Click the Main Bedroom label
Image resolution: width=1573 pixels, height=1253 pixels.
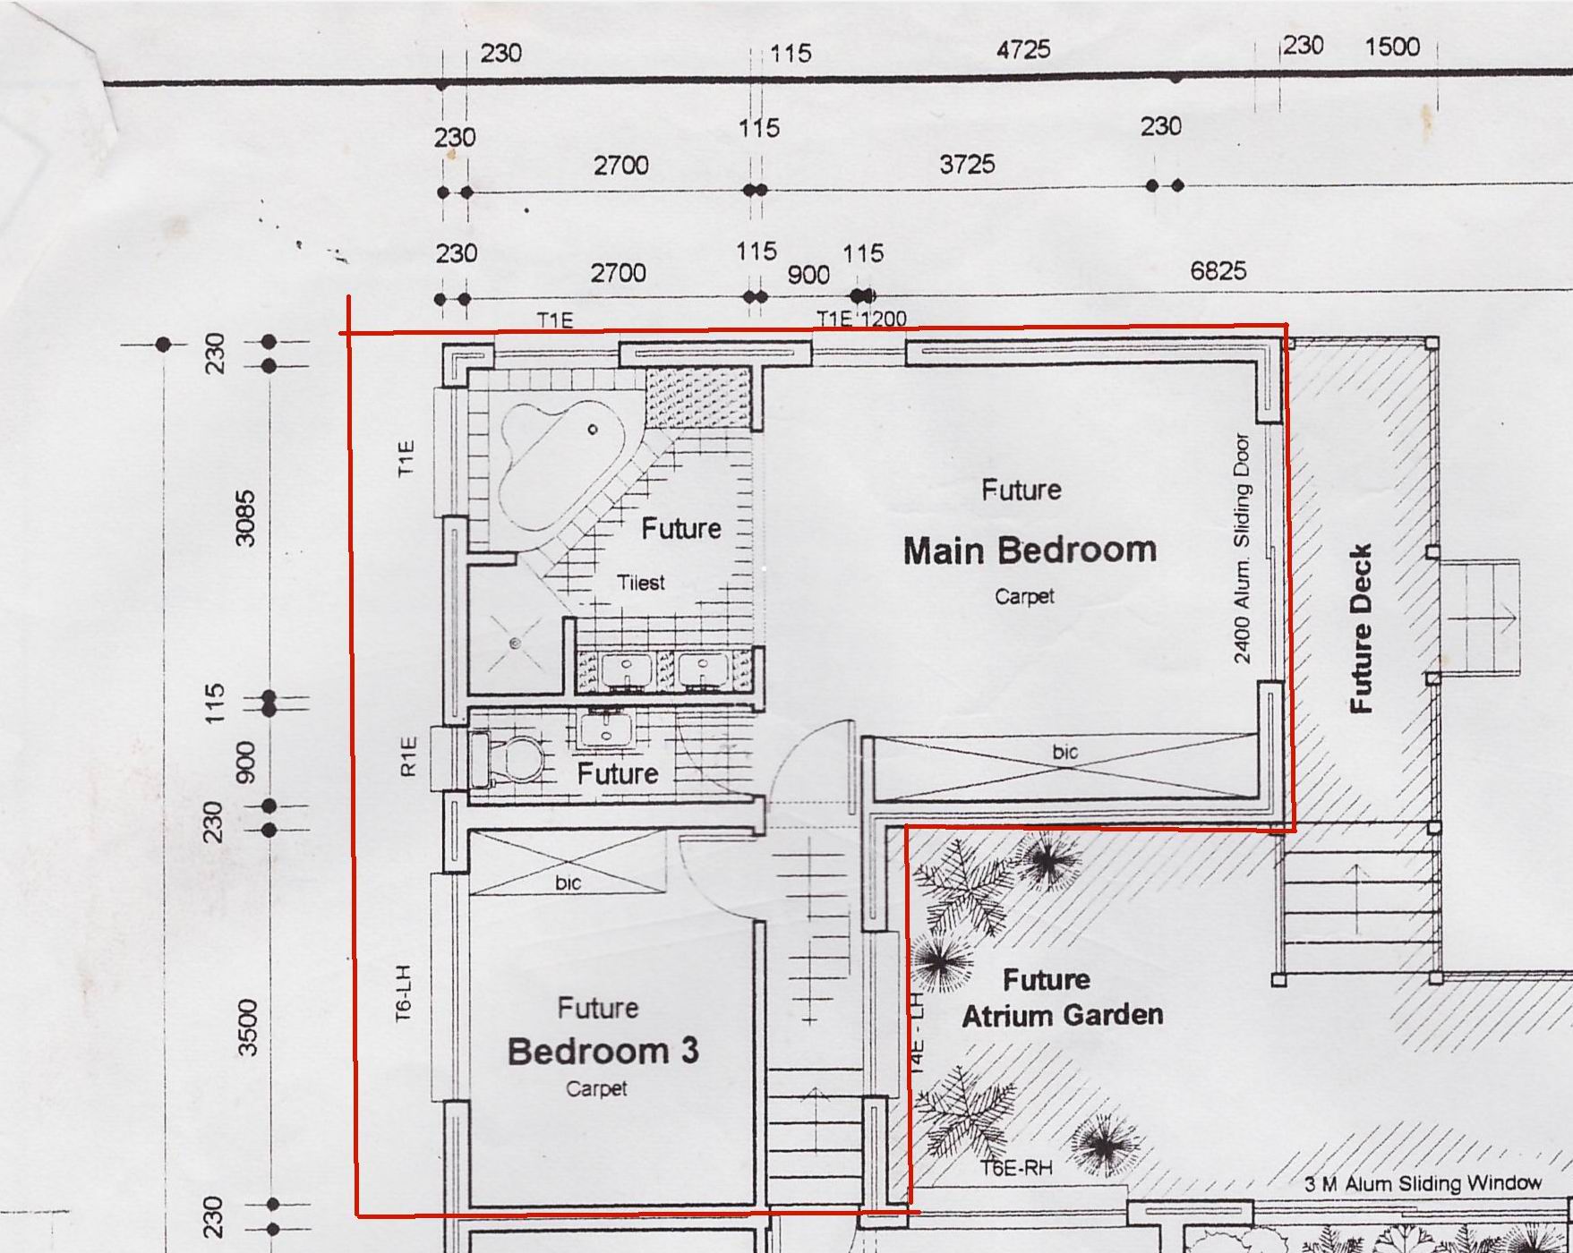click(1030, 550)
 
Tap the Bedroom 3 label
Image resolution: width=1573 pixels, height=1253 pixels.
click(603, 1051)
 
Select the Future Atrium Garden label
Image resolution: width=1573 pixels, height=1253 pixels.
click(1062, 997)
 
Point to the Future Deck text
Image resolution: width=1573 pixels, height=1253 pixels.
click(1360, 628)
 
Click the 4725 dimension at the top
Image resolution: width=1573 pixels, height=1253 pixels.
click(1023, 49)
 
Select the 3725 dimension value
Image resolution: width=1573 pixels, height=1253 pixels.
click(967, 164)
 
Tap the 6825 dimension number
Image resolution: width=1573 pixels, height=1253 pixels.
click(1218, 269)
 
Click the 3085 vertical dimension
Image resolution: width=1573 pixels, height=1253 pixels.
click(244, 518)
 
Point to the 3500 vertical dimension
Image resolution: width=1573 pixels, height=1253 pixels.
click(247, 1027)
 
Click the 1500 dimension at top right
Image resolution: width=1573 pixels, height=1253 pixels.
click(1392, 46)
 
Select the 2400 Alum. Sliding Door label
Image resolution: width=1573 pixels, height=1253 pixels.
click(1242, 549)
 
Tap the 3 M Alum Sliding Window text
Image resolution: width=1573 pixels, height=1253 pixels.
click(1423, 1183)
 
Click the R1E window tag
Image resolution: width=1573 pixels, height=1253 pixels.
click(408, 756)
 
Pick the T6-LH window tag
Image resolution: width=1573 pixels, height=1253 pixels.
click(404, 993)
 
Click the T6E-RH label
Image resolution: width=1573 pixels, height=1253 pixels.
click(1016, 1168)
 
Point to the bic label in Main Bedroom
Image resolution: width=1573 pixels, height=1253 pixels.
click(1065, 752)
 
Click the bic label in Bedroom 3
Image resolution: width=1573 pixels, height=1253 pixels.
click(569, 882)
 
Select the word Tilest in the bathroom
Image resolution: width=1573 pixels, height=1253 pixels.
click(641, 583)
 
